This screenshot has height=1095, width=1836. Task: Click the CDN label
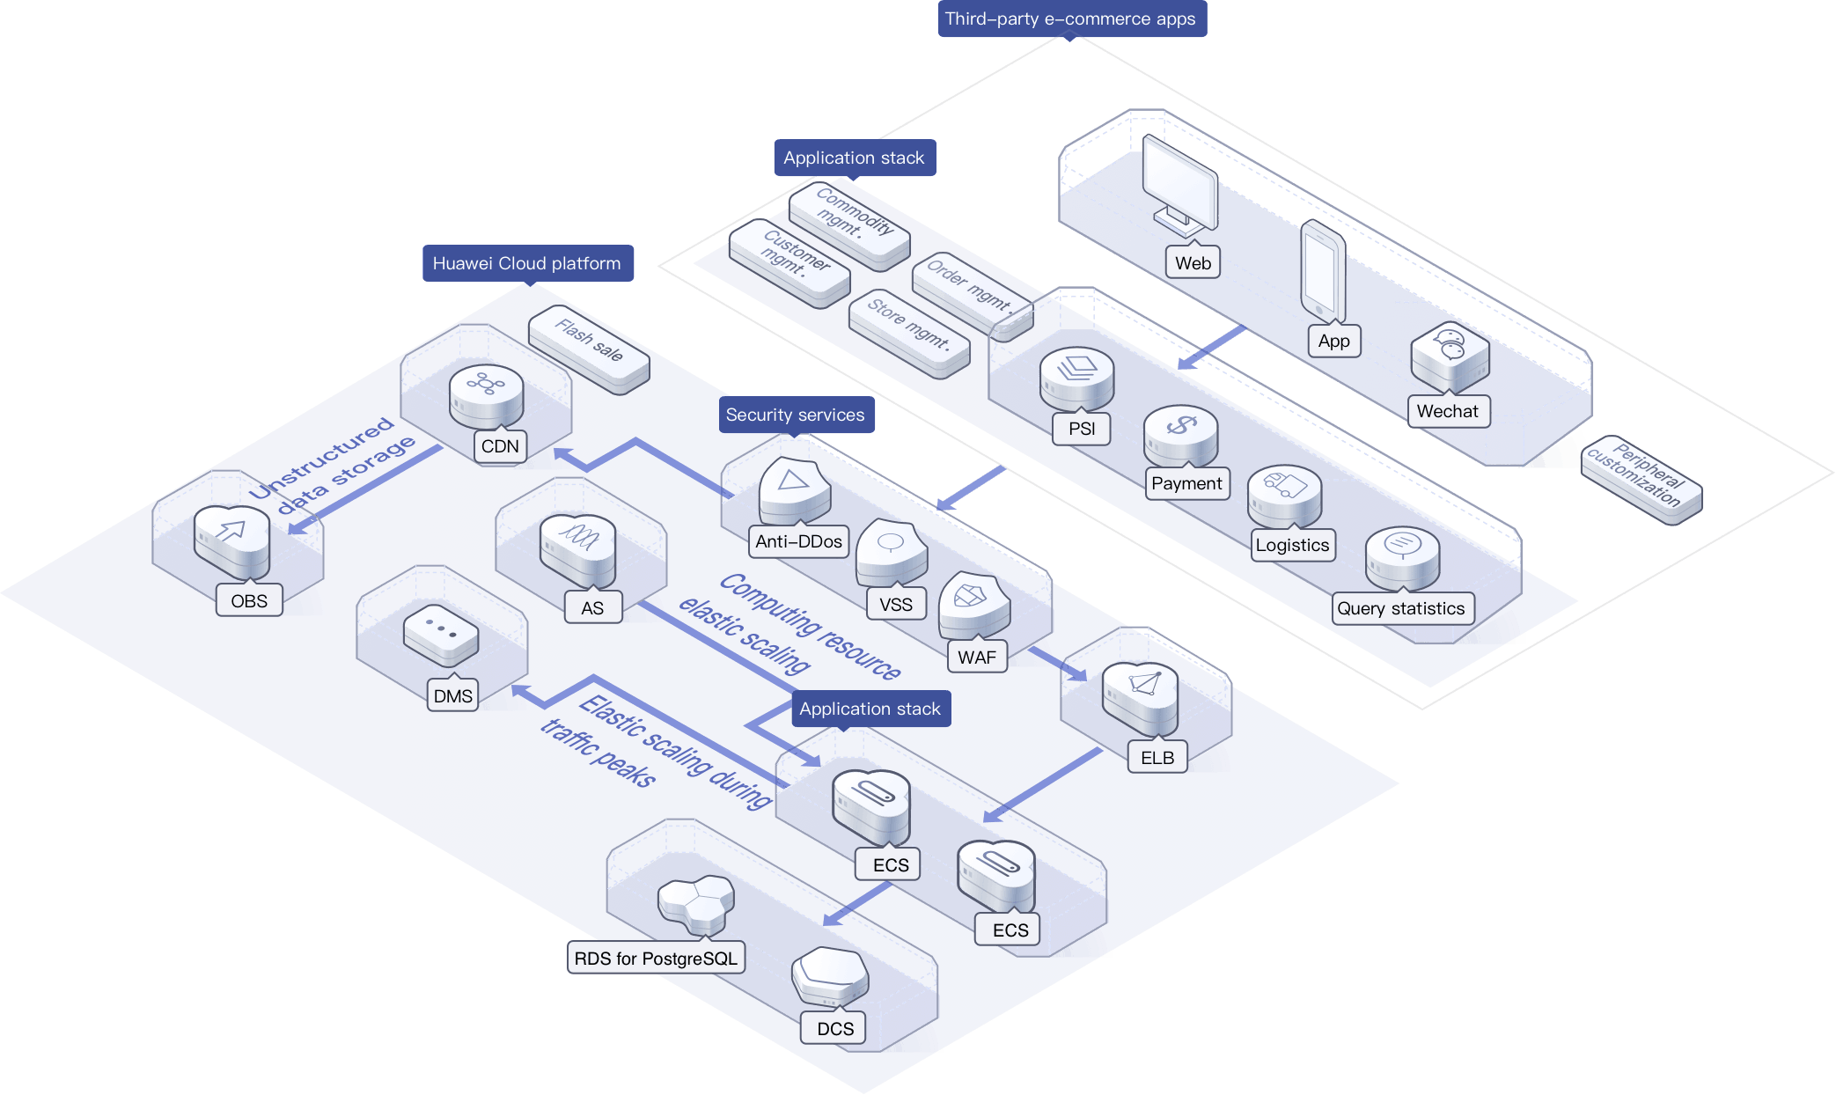coord(500,446)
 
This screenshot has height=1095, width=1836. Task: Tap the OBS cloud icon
coord(231,538)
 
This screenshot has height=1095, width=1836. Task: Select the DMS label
coord(453,696)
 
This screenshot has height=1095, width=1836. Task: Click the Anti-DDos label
coord(798,541)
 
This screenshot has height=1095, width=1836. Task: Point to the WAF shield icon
coord(972,604)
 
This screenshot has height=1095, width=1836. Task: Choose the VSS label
coord(896,605)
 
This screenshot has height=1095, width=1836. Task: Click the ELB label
coord(1157,758)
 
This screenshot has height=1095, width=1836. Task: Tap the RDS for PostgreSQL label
coord(656,959)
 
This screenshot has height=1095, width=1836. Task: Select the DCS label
coord(835,1029)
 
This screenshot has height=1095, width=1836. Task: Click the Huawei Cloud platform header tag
coord(527,263)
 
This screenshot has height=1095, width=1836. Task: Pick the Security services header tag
coord(796,415)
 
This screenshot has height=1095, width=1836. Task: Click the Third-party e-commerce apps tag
coord(1070,18)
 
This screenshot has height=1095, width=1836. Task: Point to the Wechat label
coord(1448,411)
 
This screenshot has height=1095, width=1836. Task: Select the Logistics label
coord(1292,545)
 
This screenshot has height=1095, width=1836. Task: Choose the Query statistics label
coord(1401,608)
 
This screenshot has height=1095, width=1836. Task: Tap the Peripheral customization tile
coord(1641,479)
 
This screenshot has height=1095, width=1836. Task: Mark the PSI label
coord(1082,429)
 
